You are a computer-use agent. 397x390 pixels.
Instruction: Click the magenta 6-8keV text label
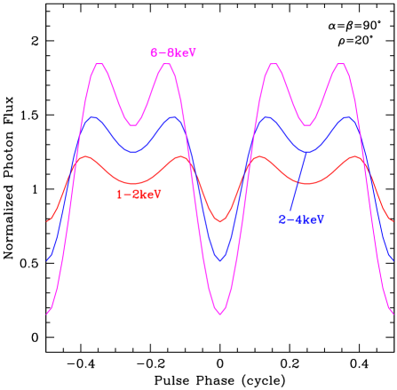(x=173, y=53)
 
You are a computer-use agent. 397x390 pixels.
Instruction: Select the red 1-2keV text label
(x=139, y=194)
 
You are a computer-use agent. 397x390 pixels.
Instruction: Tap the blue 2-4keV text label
(x=300, y=219)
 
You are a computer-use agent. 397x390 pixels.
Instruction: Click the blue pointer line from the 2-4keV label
(x=298, y=182)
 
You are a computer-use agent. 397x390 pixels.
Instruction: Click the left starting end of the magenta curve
(x=47, y=314)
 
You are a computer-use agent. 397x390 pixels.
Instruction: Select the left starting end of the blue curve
(x=47, y=260)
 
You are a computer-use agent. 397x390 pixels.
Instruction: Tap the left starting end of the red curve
(x=47, y=220)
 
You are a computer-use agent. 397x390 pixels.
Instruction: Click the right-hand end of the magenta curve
(x=393, y=314)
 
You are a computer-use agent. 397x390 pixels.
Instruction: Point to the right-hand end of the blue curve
(x=393, y=260)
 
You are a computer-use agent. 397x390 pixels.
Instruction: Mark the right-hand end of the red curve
(x=393, y=220)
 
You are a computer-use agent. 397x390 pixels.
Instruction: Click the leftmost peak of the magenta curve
(x=99, y=64)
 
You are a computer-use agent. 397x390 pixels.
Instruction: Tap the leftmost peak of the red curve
(x=85, y=157)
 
